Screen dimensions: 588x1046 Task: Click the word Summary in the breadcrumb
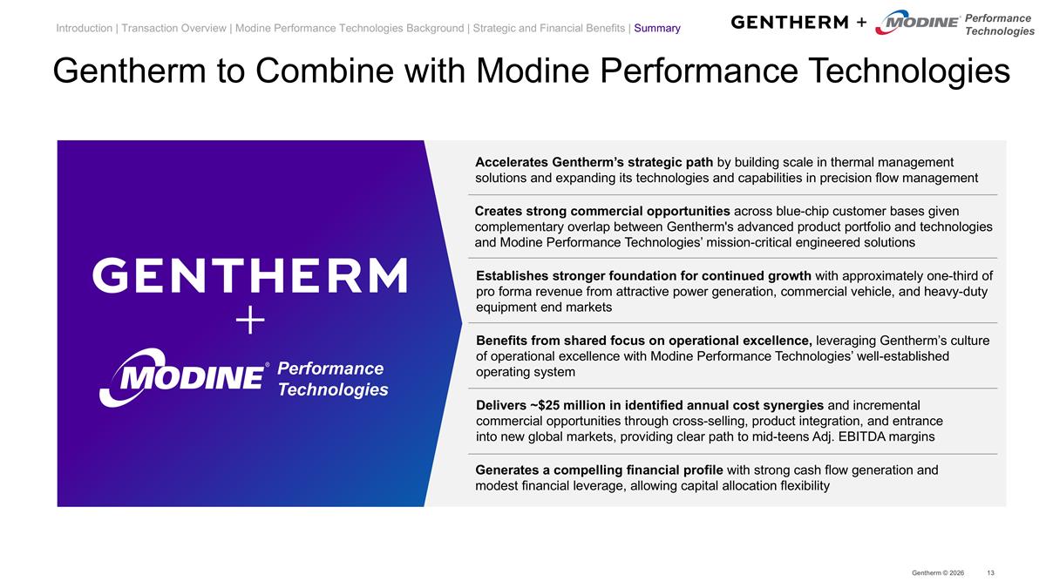(657, 29)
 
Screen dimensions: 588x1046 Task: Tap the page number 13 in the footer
(990, 572)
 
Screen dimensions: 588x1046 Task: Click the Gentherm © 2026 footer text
(937, 572)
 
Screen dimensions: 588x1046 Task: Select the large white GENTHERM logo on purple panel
(250, 276)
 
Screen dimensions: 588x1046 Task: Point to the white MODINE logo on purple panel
(182, 377)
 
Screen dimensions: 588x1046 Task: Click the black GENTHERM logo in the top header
(789, 22)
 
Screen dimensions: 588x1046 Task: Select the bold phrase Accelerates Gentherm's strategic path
(594, 162)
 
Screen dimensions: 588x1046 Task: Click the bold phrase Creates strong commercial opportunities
(602, 211)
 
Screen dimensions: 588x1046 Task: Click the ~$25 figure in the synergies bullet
(544, 405)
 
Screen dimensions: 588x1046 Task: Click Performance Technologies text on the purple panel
(332, 379)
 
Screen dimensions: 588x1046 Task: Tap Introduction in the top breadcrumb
(84, 29)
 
